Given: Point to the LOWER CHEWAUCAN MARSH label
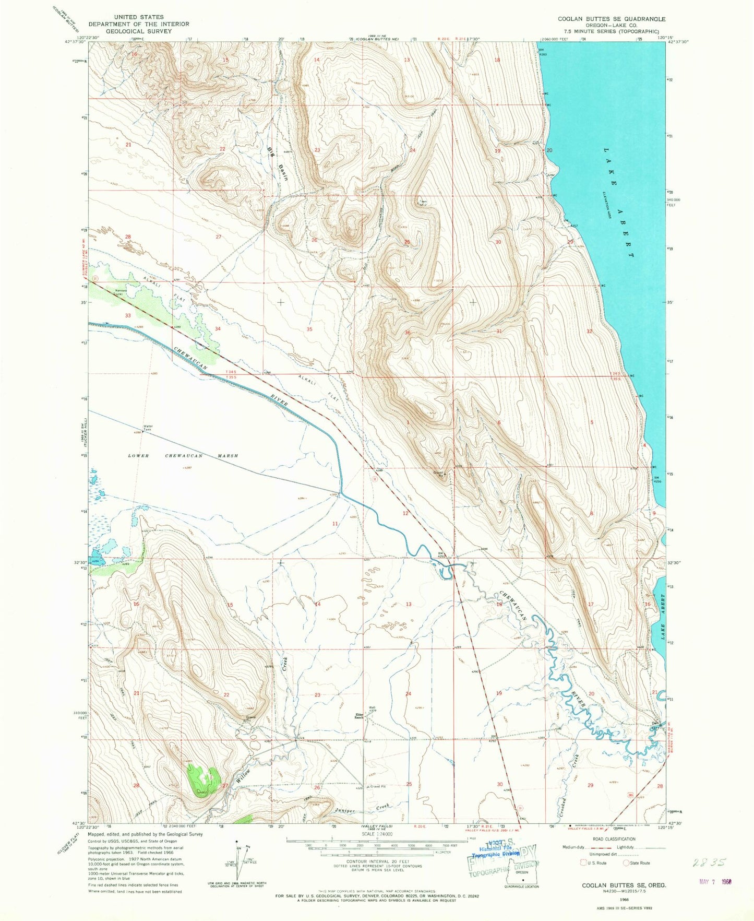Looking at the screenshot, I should click(183, 456).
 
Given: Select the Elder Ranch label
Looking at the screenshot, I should click(359, 716).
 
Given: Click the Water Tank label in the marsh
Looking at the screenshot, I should click(148, 428).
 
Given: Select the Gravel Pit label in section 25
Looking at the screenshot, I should click(377, 786).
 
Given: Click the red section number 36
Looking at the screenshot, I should click(407, 333).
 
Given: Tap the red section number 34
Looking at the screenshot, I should click(218, 328).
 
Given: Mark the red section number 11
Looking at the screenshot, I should click(335, 523).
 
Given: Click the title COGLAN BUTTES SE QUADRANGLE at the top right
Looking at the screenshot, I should click(612, 19).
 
